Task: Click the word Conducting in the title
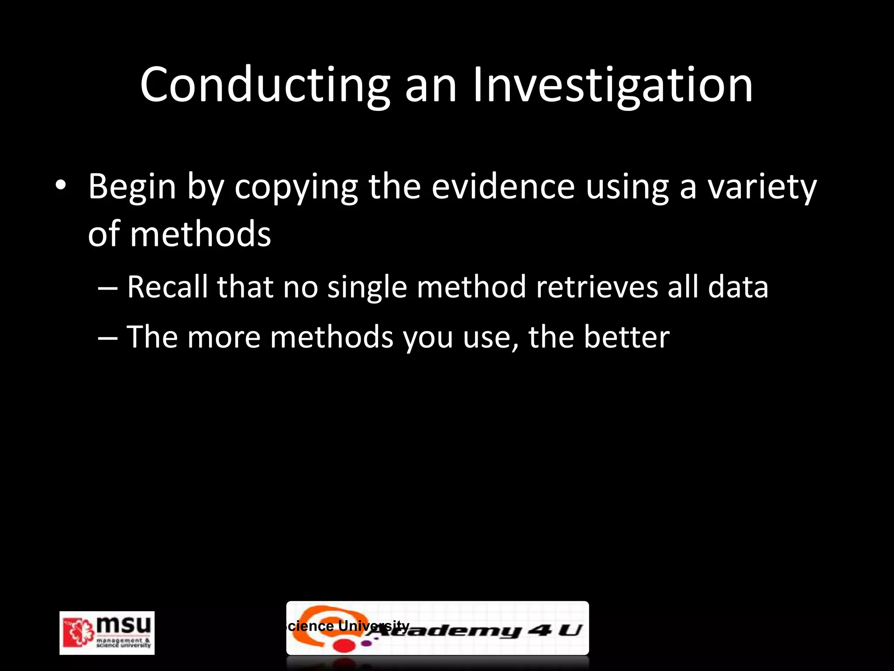[265, 85]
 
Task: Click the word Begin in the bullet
[132, 187]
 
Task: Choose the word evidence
[503, 187]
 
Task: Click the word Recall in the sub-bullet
[168, 287]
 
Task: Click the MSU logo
[107, 633]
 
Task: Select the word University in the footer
[374, 626]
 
